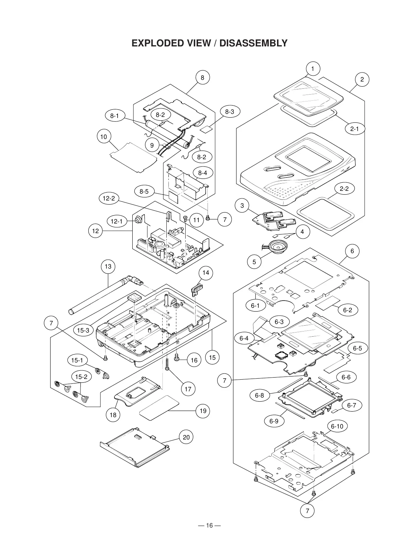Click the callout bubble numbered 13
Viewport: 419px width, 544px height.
point(108,266)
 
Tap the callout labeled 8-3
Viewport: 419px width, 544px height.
point(230,111)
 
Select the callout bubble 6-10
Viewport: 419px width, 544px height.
point(337,426)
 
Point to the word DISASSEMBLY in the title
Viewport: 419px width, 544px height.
point(253,43)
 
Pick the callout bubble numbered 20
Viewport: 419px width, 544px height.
point(186,437)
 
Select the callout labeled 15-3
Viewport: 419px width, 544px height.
point(83,330)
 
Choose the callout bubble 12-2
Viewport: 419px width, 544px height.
point(109,198)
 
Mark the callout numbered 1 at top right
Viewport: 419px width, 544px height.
point(312,69)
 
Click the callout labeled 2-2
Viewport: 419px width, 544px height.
point(344,189)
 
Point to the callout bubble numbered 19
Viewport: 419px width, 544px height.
point(203,411)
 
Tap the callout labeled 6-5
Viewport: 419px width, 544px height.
point(357,348)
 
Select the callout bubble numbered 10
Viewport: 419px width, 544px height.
point(103,137)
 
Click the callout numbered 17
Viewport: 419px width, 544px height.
point(188,389)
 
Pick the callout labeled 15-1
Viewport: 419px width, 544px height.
point(77,360)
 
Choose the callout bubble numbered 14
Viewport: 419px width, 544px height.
point(206,273)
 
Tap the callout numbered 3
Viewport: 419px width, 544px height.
point(242,206)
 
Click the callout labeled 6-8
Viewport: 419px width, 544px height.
point(260,395)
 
